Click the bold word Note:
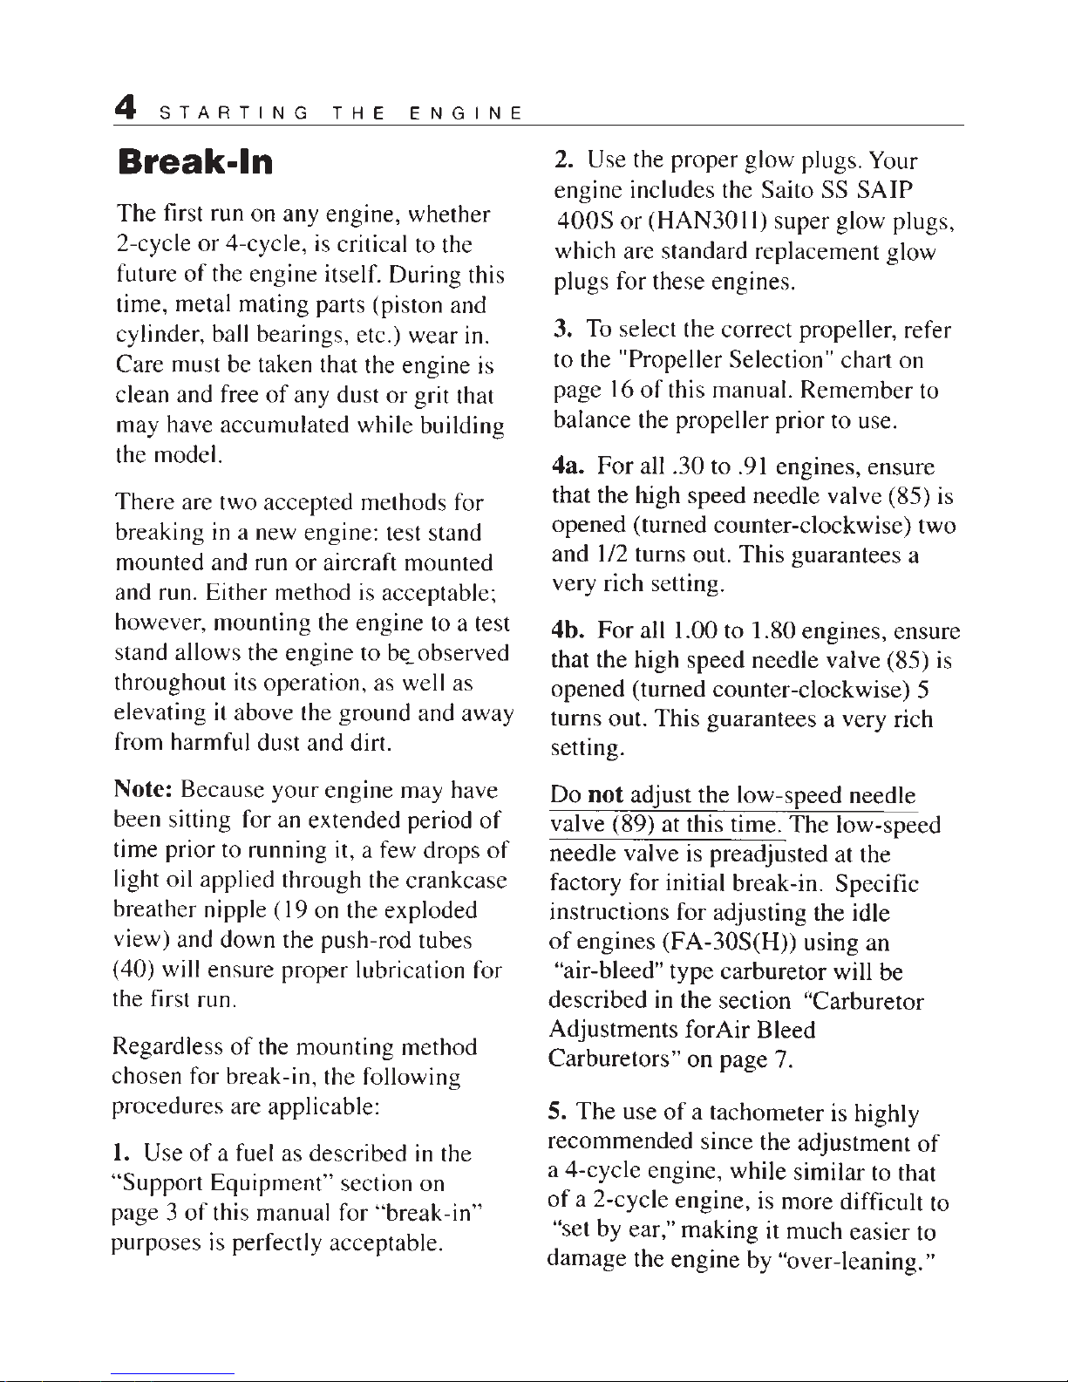[145, 791]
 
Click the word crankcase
[465, 881]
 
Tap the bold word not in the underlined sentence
[605, 795]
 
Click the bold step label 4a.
[572, 467]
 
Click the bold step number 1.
[124, 1154]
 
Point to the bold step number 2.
[564, 161]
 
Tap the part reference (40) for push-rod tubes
[133, 970]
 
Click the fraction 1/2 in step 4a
[609, 555]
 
